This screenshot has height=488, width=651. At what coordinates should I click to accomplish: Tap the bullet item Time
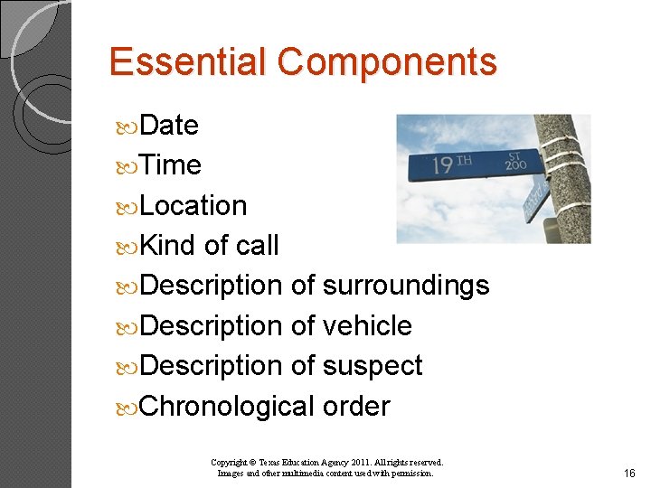(171, 165)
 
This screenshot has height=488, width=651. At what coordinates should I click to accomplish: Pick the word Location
(193, 206)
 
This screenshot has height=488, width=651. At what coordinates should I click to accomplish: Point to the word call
(257, 246)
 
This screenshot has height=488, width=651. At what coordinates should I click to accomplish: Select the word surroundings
(405, 286)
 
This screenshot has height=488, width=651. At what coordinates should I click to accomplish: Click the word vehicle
(367, 325)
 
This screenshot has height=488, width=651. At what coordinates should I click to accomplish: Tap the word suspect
(373, 366)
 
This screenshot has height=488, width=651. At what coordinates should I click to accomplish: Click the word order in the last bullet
(356, 407)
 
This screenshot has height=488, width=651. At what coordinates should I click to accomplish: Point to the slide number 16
(629, 474)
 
